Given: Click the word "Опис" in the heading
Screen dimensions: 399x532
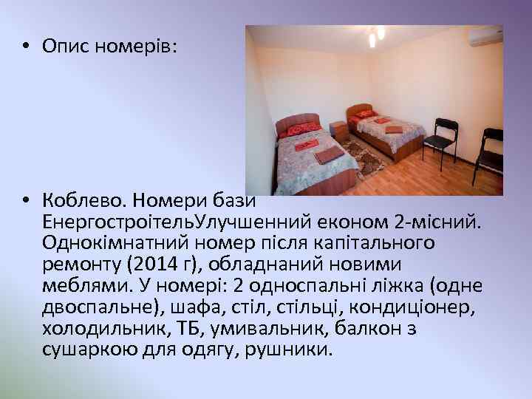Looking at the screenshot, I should [62, 46].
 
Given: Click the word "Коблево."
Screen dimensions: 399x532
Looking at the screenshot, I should [78, 199].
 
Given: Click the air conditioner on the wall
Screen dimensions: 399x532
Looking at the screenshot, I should [485, 35].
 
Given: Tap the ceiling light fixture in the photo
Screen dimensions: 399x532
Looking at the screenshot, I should [374, 35].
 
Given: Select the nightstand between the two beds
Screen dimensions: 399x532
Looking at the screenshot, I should [338, 130].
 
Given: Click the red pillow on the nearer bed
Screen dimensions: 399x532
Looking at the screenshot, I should [304, 129].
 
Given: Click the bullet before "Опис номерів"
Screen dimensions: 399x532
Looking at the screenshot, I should [26, 46].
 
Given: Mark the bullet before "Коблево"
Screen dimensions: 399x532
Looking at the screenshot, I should [26, 199].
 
